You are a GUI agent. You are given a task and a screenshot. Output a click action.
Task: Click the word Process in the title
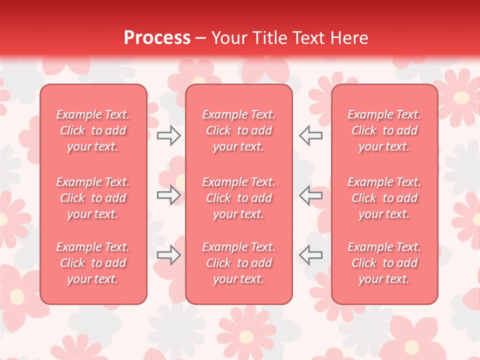click(157, 38)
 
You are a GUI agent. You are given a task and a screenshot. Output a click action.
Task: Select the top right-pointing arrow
click(168, 135)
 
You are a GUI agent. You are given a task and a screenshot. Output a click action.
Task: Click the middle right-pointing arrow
click(168, 195)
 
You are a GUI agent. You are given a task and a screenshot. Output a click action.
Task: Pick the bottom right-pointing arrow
click(168, 255)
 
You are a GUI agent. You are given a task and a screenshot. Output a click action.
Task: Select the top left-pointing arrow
click(311, 135)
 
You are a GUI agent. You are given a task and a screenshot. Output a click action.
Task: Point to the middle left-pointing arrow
click(311, 195)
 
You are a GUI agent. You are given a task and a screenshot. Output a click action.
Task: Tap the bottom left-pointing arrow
click(311, 255)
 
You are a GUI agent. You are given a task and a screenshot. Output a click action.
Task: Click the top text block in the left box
click(93, 130)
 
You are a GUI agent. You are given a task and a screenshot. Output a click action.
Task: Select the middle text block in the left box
click(93, 198)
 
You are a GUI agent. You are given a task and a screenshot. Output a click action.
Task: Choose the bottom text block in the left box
click(93, 263)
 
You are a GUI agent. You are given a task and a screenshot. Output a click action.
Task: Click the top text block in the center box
click(239, 130)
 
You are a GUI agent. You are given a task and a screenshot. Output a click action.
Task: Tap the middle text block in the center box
click(239, 198)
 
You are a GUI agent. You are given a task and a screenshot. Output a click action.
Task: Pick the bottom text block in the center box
click(239, 263)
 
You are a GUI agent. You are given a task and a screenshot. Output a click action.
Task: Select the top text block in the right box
click(384, 130)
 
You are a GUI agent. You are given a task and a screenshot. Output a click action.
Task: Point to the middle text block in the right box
click(384, 198)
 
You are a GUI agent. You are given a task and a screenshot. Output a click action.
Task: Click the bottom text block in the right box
click(384, 263)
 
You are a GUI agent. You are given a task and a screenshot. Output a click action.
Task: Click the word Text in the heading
click(307, 38)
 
